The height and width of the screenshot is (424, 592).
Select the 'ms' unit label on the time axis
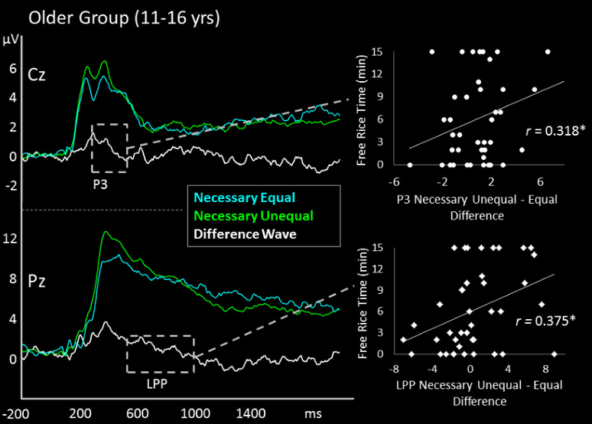tap(313, 413)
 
